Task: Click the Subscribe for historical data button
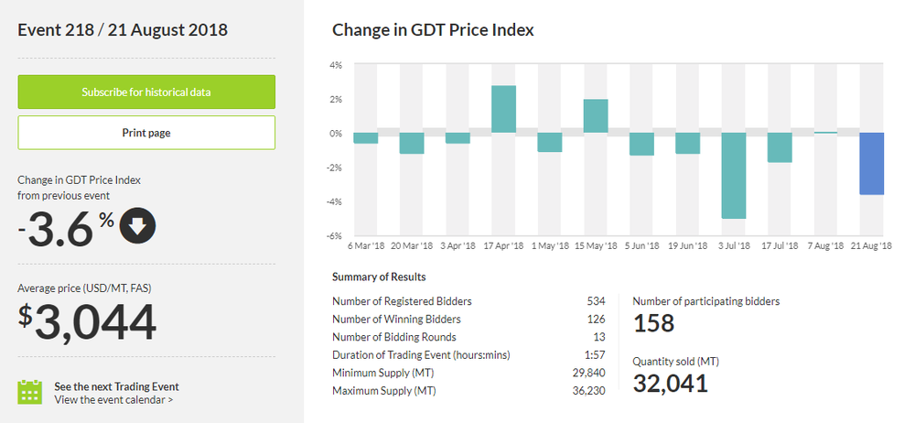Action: coord(146,92)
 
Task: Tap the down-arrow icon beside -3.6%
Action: coord(137,227)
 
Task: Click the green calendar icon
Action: coord(30,392)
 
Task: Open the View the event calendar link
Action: coord(113,399)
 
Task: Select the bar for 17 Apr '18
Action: coord(503,109)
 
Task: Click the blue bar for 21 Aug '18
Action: coord(871,163)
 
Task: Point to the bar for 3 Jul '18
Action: coord(733,176)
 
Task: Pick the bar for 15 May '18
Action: coord(596,115)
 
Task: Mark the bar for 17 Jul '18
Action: coord(780,147)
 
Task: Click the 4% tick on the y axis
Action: coord(336,65)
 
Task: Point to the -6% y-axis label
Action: coord(335,236)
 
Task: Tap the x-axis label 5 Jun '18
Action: coord(640,246)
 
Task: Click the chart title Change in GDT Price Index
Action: coord(433,30)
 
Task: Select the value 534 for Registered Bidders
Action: coord(596,300)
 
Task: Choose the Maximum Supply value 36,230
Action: coord(588,392)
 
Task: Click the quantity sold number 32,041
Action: coord(670,383)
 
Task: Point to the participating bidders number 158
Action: coord(653,322)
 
